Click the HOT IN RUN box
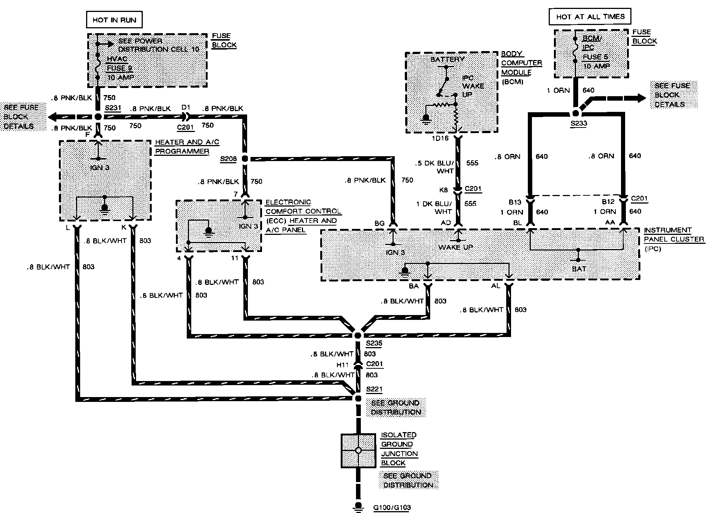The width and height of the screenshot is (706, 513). pos(114,20)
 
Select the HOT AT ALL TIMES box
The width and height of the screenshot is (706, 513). pos(590,17)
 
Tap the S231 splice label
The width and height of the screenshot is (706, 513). pos(113,108)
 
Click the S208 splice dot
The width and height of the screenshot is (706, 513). pos(245,159)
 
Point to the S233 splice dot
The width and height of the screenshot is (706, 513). pos(576,113)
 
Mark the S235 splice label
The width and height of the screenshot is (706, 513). pos(374,343)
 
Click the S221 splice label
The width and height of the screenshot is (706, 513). pos(374,390)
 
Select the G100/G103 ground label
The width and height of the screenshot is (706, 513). pos(392,507)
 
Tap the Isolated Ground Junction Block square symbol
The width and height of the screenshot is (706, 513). pos(358,450)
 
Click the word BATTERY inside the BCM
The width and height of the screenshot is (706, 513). pos(447,59)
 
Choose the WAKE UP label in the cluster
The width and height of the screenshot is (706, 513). pos(456,247)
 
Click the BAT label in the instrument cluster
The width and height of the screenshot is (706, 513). pos(579,268)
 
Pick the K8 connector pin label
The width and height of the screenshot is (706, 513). pos(444,190)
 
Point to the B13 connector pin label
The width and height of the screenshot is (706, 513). pos(515,202)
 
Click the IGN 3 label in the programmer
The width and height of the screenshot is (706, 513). pos(100,167)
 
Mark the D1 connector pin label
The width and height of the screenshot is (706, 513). pos(186,108)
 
